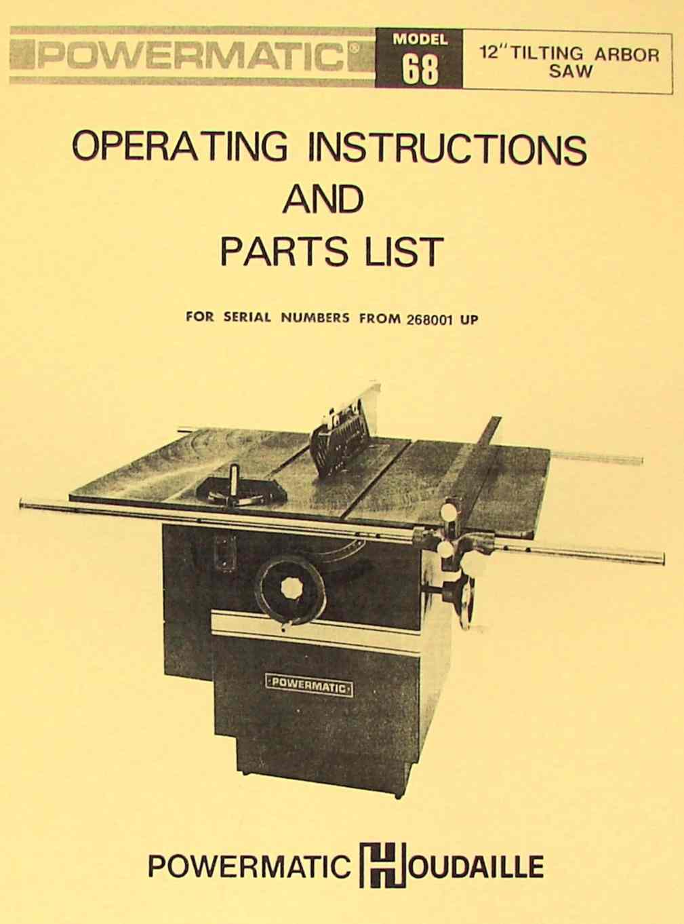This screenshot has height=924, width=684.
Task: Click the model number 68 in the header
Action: coord(420,69)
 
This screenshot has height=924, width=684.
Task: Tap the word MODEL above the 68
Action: coord(420,40)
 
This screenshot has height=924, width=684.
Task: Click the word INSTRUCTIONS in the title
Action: coord(447,149)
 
